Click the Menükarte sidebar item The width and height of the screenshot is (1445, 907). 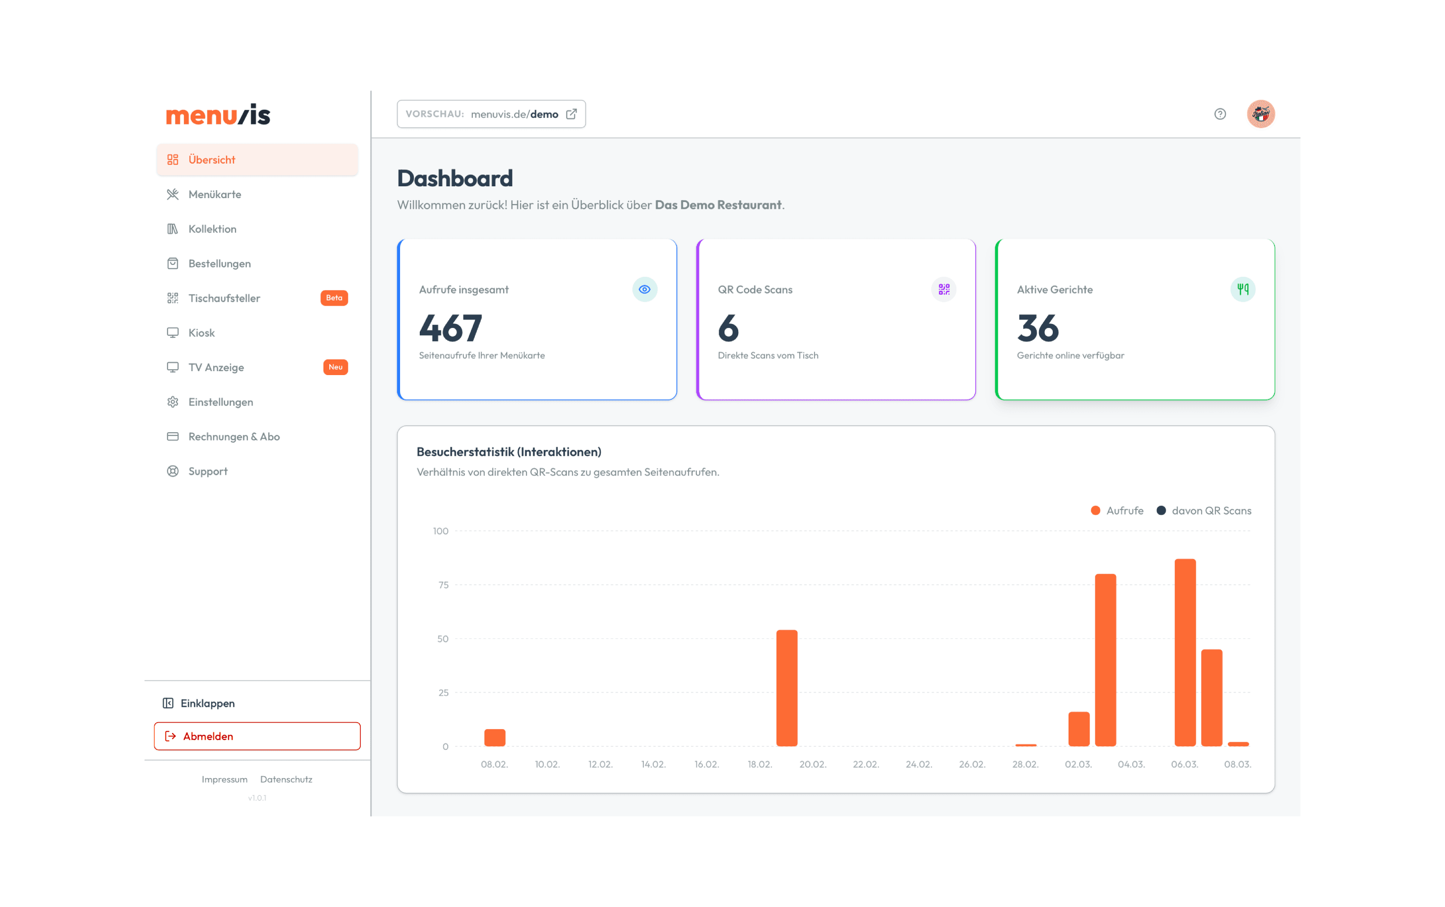(x=214, y=194)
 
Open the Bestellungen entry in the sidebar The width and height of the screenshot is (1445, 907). (x=219, y=263)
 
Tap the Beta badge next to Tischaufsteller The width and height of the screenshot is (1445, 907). (x=334, y=298)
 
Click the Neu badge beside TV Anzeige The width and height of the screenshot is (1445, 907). (x=335, y=367)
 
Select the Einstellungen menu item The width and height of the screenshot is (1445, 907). (x=220, y=402)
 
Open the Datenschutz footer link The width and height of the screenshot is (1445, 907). (x=286, y=779)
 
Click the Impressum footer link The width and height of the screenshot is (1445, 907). (x=224, y=779)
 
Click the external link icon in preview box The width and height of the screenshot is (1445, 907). (x=572, y=114)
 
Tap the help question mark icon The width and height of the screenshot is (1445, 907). (x=1219, y=114)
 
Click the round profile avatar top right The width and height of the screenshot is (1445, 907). (x=1260, y=114)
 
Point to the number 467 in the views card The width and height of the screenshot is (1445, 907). (x=450, y=328)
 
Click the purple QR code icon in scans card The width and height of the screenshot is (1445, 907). (x=943, y=290)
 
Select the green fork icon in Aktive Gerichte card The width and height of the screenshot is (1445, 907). (x=1243, y=290)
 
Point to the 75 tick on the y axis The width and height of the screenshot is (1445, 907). (x=443, y=585)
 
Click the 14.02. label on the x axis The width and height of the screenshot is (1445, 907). (x=653, y=764)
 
